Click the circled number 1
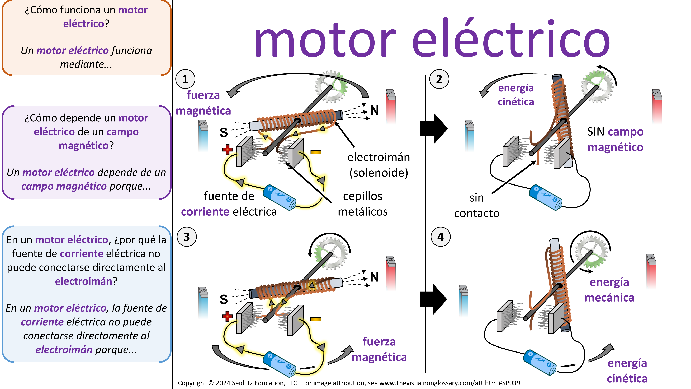[x=185, y=79]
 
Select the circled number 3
[x=187, y=237]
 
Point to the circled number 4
[x=441, y=237]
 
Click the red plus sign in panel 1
[x=227, y=149]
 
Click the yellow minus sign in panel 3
[x=316, y=319]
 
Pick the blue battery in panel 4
[x=540, y=362]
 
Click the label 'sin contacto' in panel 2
[x=477, y=205]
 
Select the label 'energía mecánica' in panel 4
[x=609, y=290]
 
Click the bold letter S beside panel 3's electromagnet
[x=224, y=299]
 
